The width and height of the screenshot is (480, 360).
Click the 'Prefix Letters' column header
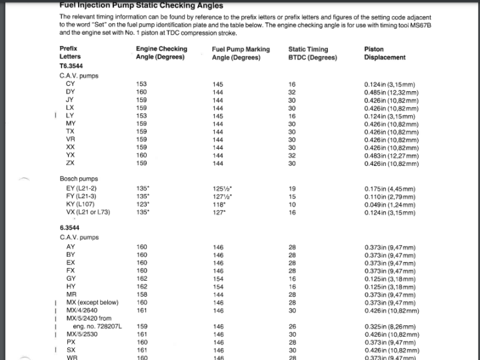click(x=70, y=53)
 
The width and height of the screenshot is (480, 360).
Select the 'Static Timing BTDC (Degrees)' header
click(x=312, y=53)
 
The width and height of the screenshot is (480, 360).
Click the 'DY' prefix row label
click(x=70, y=92)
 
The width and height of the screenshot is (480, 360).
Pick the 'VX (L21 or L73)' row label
click(x=88, y=212)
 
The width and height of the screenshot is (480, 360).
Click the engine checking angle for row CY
click(x=141, y=84)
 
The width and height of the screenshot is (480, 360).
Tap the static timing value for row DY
click(x=291, y=92)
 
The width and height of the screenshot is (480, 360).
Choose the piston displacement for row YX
click(x=391, y=155)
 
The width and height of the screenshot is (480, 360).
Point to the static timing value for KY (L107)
click(x=291, y=204)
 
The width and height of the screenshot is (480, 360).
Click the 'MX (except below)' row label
click(x=92, y=302)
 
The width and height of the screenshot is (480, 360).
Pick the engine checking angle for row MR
click(x=141, y=294)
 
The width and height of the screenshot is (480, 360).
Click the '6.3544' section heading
click(x=69, y=228)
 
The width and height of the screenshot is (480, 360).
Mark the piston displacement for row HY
click(x=391, y=287)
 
